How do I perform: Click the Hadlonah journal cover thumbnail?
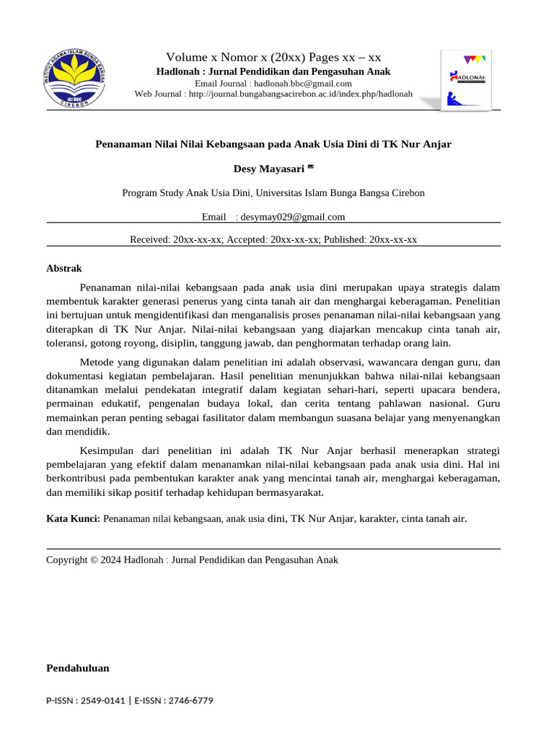(467, 80)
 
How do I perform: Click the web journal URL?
(301, 94)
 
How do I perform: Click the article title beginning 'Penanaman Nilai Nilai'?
(273, 144)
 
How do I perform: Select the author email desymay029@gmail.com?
(293, 217)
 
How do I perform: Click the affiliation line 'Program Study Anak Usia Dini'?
(273, 193)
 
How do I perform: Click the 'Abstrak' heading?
(64, 268)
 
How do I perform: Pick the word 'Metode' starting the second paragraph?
(95, 362)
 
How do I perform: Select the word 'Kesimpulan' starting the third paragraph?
(105, 450)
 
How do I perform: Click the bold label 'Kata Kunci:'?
(74, 518)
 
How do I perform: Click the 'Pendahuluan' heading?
(78, 668)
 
